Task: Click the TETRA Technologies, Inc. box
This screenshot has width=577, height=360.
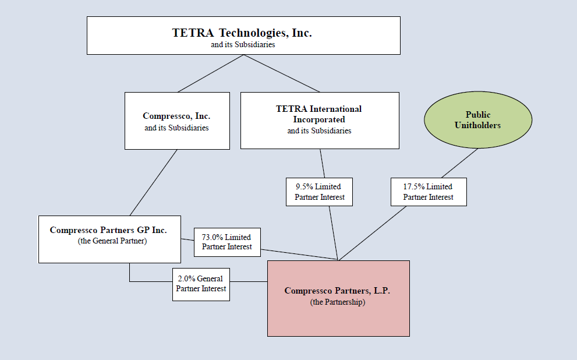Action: tap(243, 36)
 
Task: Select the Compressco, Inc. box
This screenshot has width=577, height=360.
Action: tap(177, 121)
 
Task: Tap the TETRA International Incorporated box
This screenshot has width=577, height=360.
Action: tap(320, 120)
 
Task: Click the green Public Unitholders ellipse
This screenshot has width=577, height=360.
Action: tap(477, 121)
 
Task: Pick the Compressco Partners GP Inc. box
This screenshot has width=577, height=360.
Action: tap(109, 239)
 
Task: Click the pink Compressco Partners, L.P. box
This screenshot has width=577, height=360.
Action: tap(338, 298)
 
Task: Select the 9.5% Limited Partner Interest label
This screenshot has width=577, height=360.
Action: tap(319, 192)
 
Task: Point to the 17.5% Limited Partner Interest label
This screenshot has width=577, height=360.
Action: tap(428, 192)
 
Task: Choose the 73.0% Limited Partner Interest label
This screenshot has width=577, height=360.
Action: tap(227, 242)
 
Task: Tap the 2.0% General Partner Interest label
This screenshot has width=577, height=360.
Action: tap(201, 284)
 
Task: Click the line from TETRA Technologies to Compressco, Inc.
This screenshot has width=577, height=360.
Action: tap(210, 73)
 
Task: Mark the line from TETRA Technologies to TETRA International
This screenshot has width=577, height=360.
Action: tap(281, 73)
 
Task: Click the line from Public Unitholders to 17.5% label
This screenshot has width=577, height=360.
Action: tap(459, 163)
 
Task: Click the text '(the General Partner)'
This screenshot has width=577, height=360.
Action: tap(112, 241)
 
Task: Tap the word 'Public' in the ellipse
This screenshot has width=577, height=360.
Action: tap(478, 115)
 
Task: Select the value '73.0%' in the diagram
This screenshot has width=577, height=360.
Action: tap(214, 237)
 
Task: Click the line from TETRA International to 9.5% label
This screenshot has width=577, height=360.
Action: tap(321, 163)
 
